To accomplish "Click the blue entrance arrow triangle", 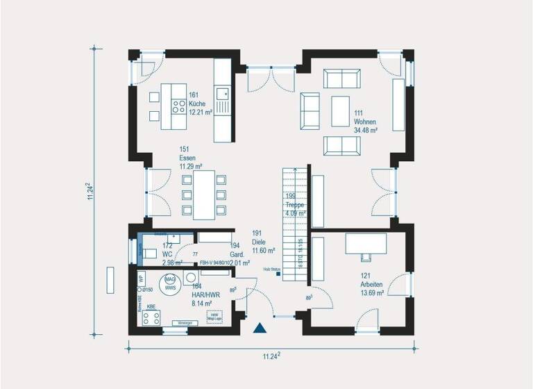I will click(x=260, y=329).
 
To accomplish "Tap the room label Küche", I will click(x=197, y=103).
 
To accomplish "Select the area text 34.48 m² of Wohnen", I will click(x=365, y=130).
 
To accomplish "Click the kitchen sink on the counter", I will click(x=222, y=93).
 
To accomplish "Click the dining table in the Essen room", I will click(x=204, y=194).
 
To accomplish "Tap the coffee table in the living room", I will click(x=340, y=111).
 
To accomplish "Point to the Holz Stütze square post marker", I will click(x=278, y=274).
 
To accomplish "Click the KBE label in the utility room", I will click(x=151, y=306).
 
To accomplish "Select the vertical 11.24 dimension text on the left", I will click(x=90, y=192).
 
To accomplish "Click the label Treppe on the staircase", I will click(x=296, y=205).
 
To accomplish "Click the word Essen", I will click(x=187, y=158).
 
